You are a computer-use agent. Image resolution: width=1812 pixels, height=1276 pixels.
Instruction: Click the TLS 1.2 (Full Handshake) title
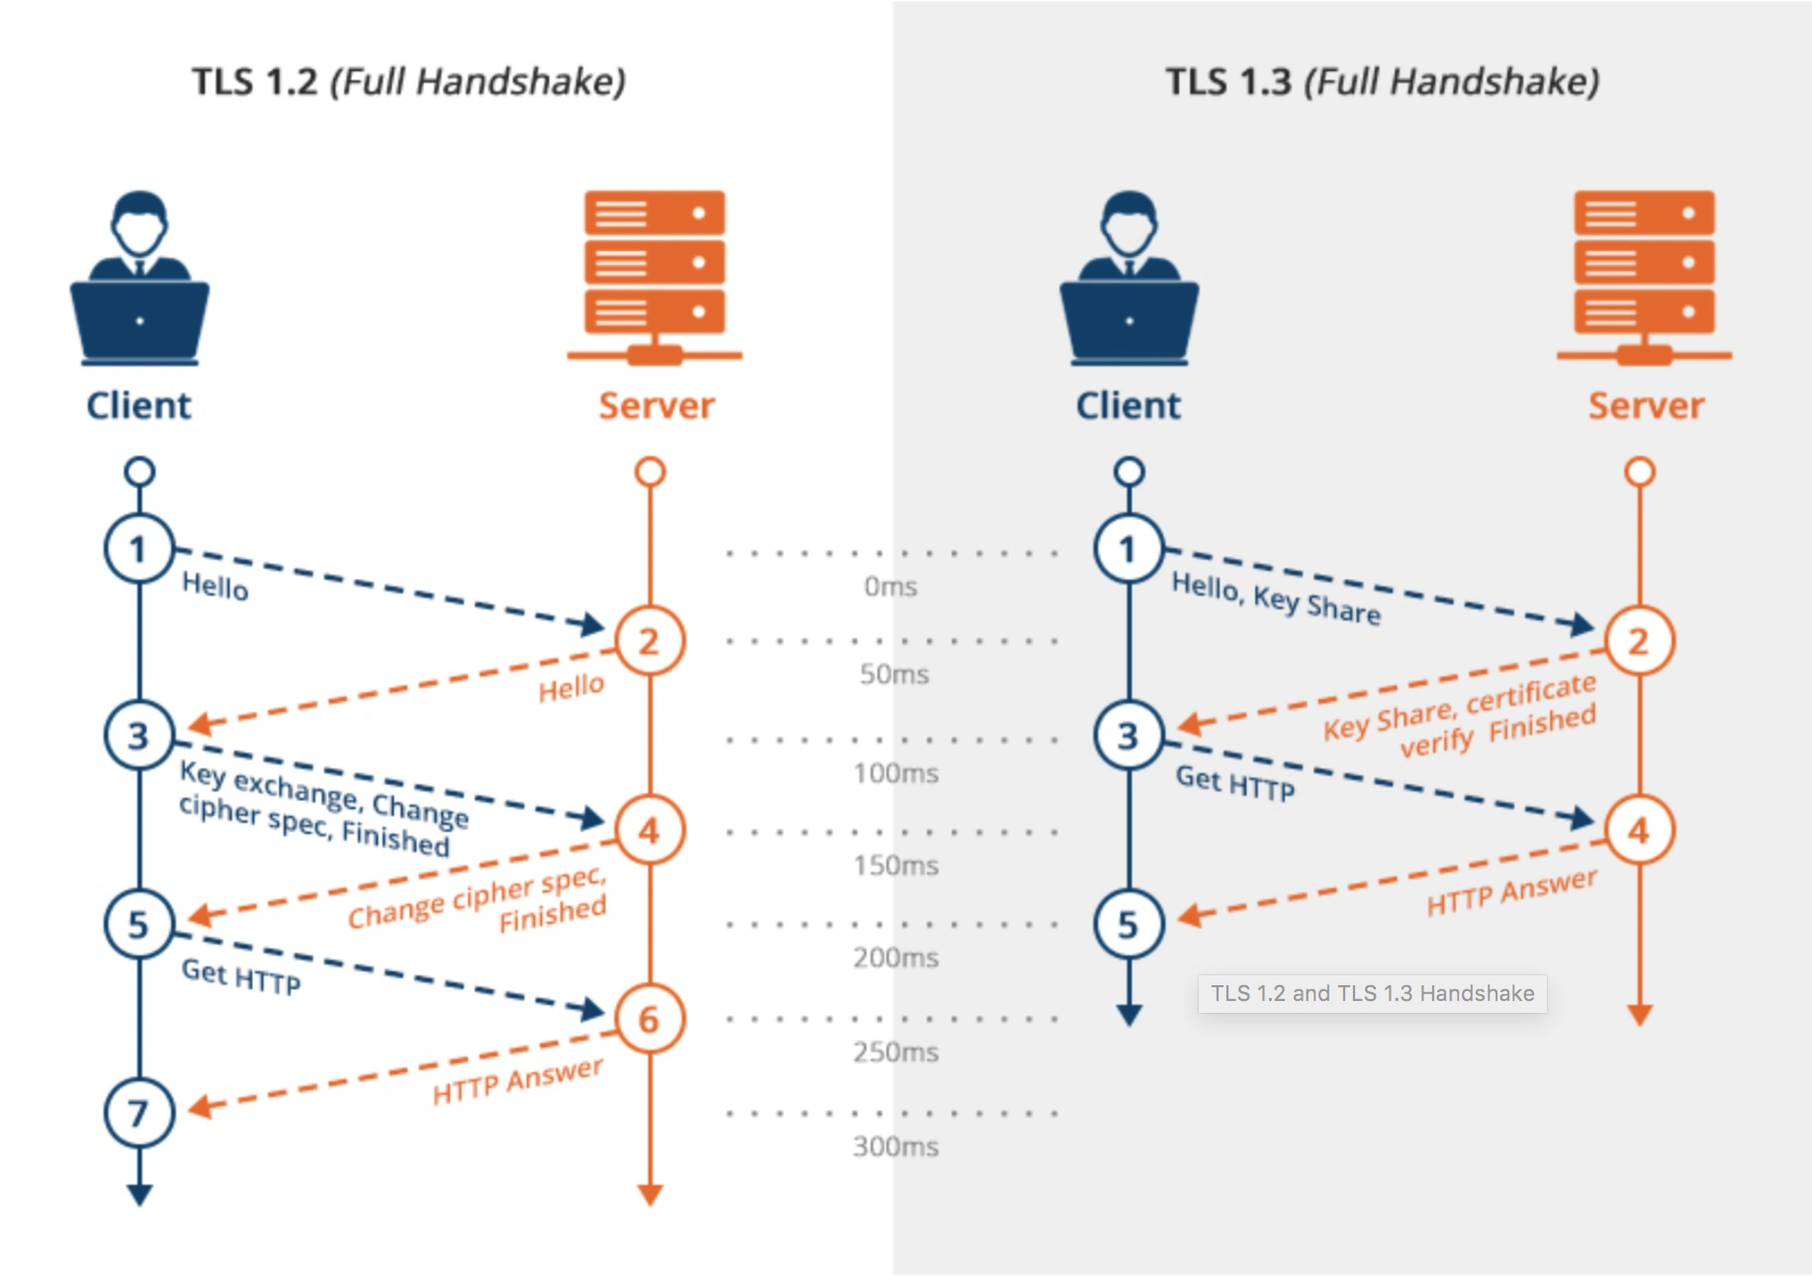click(x=408, y=82)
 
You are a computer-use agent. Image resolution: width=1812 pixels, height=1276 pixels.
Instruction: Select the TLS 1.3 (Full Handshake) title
click(x=1382, y=82)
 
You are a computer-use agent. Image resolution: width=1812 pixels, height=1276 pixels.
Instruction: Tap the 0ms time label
click(x=890, y=587)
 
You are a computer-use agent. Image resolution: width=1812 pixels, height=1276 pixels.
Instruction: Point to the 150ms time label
click(x=896, y=866)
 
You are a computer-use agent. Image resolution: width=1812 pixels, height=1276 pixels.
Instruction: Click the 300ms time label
click(x=896, y=1146)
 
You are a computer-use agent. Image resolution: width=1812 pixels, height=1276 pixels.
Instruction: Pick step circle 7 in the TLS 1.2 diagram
click(x=139, y=1113)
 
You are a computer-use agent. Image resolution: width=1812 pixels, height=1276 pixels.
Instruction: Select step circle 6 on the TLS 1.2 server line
click(x=649, y=1019)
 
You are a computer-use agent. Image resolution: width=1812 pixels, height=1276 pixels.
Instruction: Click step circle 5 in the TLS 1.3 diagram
click(x=1129, y=924)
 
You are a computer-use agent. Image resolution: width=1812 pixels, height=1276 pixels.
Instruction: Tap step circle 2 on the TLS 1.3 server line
click(x=1639, y=641)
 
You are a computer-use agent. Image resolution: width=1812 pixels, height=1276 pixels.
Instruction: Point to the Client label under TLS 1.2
click(x=138, y=406)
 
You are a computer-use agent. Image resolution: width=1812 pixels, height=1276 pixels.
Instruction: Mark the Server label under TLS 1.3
click(x=1646, y=406)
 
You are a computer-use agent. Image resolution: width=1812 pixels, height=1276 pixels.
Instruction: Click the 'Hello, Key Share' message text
click(x=1276, y=598)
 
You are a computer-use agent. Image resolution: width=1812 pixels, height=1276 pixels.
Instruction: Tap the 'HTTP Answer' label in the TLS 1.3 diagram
click(x=1511, y=892)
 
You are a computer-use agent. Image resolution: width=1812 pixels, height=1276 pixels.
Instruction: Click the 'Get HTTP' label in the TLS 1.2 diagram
click(x=241, y=976)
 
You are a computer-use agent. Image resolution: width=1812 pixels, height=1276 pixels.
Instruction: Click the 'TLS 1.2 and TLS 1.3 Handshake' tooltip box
click(x=1372, y=993)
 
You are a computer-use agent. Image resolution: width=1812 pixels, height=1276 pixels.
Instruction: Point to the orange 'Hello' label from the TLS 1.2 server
click(x=571, y=687)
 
